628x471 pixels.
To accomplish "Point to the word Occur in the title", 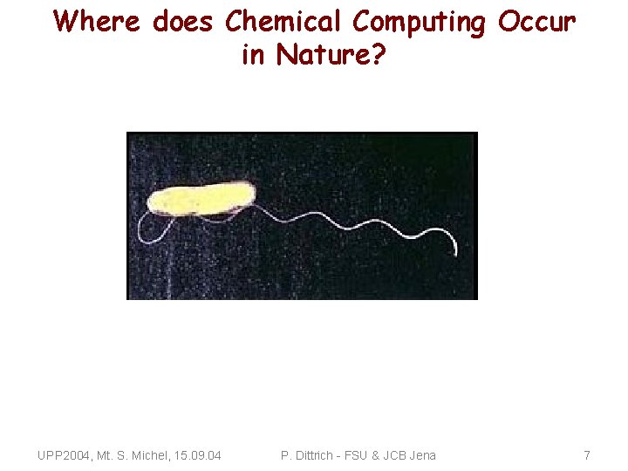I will click(537, 22).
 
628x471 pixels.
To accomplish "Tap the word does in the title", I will click(183, 22).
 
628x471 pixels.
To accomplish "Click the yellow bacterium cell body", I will click(201, 198).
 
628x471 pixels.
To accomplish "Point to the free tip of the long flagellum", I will click(455, 253).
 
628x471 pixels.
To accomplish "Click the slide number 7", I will click(587, 455).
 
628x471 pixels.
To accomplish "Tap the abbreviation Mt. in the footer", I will click(107, 455).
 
